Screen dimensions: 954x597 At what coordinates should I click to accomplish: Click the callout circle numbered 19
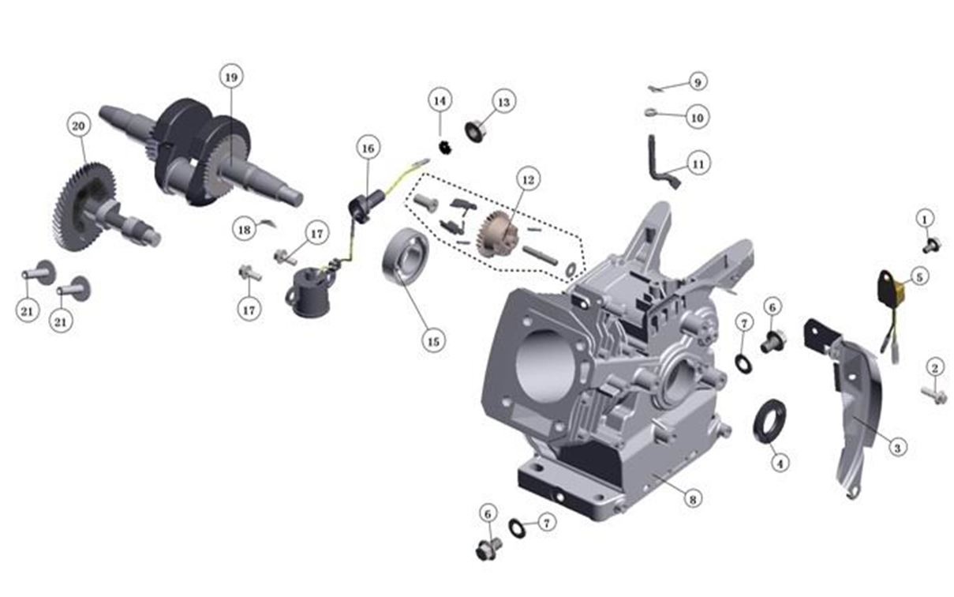231,77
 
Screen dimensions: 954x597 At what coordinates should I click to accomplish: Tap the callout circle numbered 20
79,126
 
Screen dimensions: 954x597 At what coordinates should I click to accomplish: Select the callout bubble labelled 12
528,180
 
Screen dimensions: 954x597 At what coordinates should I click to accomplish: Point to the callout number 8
693,499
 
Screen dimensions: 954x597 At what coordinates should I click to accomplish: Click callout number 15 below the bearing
433,341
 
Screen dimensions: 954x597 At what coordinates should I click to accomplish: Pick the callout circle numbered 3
897,448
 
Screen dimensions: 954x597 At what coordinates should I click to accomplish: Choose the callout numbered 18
245,230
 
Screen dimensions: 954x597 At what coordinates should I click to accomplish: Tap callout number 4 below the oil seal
780,463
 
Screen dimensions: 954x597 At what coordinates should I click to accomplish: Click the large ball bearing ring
405,257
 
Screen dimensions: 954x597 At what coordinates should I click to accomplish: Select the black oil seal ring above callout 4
769,422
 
